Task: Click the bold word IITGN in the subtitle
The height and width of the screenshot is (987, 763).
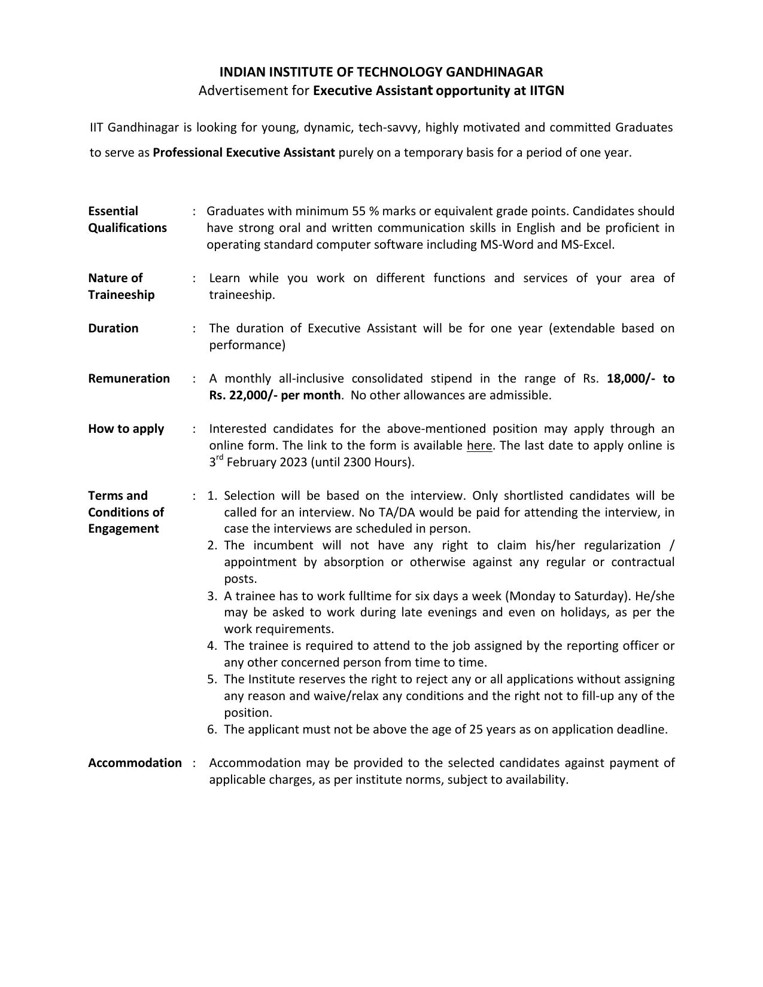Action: pyautogui.click(x=547, y=91)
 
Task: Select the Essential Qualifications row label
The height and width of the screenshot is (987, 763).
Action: pyautogui.click(x=127, y=219)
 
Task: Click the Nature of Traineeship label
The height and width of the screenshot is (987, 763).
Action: pyautogui.click(x=121, y=286)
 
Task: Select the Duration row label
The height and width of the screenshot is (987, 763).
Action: pyautogui.click(x=113, y=328)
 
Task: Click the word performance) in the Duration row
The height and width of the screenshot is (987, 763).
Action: pyautogui.click(x=247, y=346)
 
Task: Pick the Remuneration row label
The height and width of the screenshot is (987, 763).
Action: pyautogui.click(x=129, y=378)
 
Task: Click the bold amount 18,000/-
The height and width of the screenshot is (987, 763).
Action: pyautogui.click(x=630, y=378)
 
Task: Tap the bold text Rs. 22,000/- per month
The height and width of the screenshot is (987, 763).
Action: pyautogui.click(x=275, y=396)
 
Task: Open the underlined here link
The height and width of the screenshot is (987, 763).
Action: pyautogui.click(x=479, y=446)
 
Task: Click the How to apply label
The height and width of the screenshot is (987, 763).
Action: pyautogui.click(x=126, y=429)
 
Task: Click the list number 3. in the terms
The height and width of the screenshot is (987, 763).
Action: pyautogui.click(x=212, y=596)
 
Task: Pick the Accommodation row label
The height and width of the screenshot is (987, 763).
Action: pyautogui.click(x=135, y=763)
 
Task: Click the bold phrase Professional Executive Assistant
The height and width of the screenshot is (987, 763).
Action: pyautogui.click(x=244, y=152)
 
